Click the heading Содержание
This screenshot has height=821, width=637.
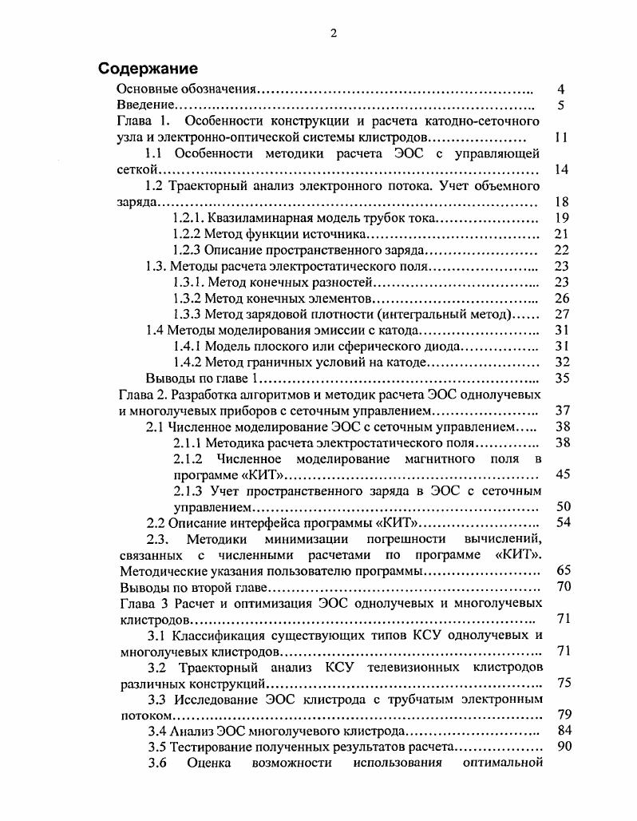tap(148, 68)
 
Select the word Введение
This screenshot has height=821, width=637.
tap(146, 105)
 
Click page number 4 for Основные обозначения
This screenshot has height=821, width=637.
tap(561, 89)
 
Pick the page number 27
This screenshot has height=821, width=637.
tap(561, 314)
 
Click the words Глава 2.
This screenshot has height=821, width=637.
tap(142, 395)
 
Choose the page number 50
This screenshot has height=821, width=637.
tap(561, 506)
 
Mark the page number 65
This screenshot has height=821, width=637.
tap(561, 571)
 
